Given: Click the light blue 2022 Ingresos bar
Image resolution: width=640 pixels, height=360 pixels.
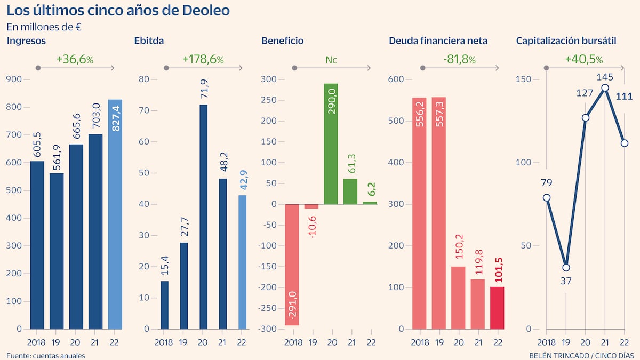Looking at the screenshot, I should click(115, 213).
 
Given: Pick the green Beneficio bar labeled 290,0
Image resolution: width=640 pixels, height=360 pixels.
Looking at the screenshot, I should click(331, 144).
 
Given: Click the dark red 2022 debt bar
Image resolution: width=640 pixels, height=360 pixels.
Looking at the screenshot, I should click(497, 308).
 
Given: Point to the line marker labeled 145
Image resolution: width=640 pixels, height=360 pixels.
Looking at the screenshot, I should click(605, 87).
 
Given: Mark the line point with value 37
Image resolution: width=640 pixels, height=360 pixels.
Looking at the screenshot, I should click(566, 267).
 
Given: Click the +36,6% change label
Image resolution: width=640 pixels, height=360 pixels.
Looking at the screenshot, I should click(75, 59).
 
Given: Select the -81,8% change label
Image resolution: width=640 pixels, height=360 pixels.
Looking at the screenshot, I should click(459, 59).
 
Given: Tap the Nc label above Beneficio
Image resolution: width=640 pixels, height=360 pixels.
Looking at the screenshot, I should click(331, 60).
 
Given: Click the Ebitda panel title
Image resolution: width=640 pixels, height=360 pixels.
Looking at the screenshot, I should click(149, 41).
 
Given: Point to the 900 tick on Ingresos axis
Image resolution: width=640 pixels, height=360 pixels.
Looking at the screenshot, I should click(14, 79).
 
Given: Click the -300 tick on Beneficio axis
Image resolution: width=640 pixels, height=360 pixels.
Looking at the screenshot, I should click(268, 329).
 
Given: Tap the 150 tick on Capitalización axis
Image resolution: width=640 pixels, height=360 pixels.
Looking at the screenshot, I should click(525, 79).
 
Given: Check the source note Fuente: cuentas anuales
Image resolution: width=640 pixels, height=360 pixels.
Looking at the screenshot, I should click(46, 355).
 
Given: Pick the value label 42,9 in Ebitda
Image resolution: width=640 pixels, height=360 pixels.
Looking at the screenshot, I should click(242, 183).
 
